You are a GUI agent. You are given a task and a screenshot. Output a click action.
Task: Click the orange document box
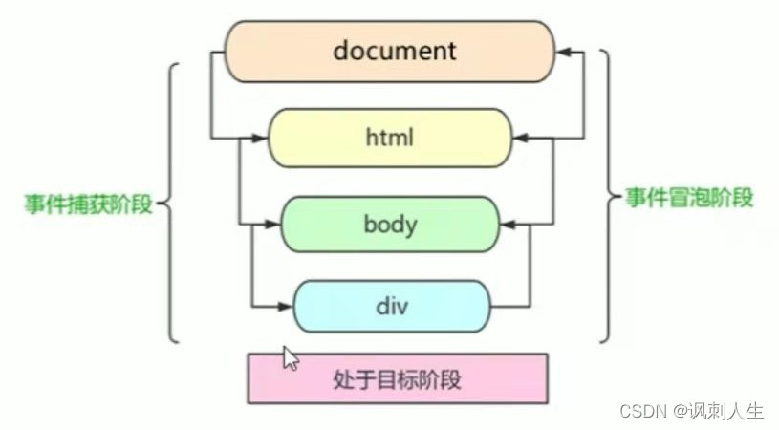(389, 51)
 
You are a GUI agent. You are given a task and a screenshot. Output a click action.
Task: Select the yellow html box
(389, 138)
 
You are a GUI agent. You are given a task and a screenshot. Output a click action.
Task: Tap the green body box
(389, 226)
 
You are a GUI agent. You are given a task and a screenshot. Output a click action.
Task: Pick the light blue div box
(391, 307)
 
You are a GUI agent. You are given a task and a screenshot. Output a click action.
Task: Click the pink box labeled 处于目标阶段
(397, 378)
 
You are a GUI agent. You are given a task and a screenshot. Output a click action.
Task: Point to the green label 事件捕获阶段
(89, 204)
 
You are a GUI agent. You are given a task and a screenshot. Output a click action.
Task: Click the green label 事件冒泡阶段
(689, 199)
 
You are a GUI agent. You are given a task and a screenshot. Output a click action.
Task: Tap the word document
(394, 50)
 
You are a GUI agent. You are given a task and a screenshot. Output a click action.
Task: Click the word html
(389, 138)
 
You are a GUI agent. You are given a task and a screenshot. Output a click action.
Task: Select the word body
(390, 226)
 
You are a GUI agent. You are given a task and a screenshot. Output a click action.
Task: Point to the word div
(391, 308)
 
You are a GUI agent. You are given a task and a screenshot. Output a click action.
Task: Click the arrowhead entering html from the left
(259, 138)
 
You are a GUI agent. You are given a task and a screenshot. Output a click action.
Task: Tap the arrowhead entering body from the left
(271, 226)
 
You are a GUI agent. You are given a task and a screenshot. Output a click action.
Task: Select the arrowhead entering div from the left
(285, 307)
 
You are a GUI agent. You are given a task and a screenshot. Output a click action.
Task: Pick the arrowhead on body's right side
(509, 226)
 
